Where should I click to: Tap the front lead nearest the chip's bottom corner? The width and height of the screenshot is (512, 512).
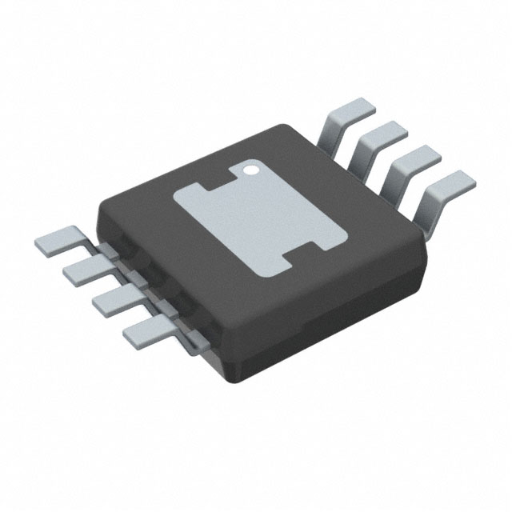point(144,330)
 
